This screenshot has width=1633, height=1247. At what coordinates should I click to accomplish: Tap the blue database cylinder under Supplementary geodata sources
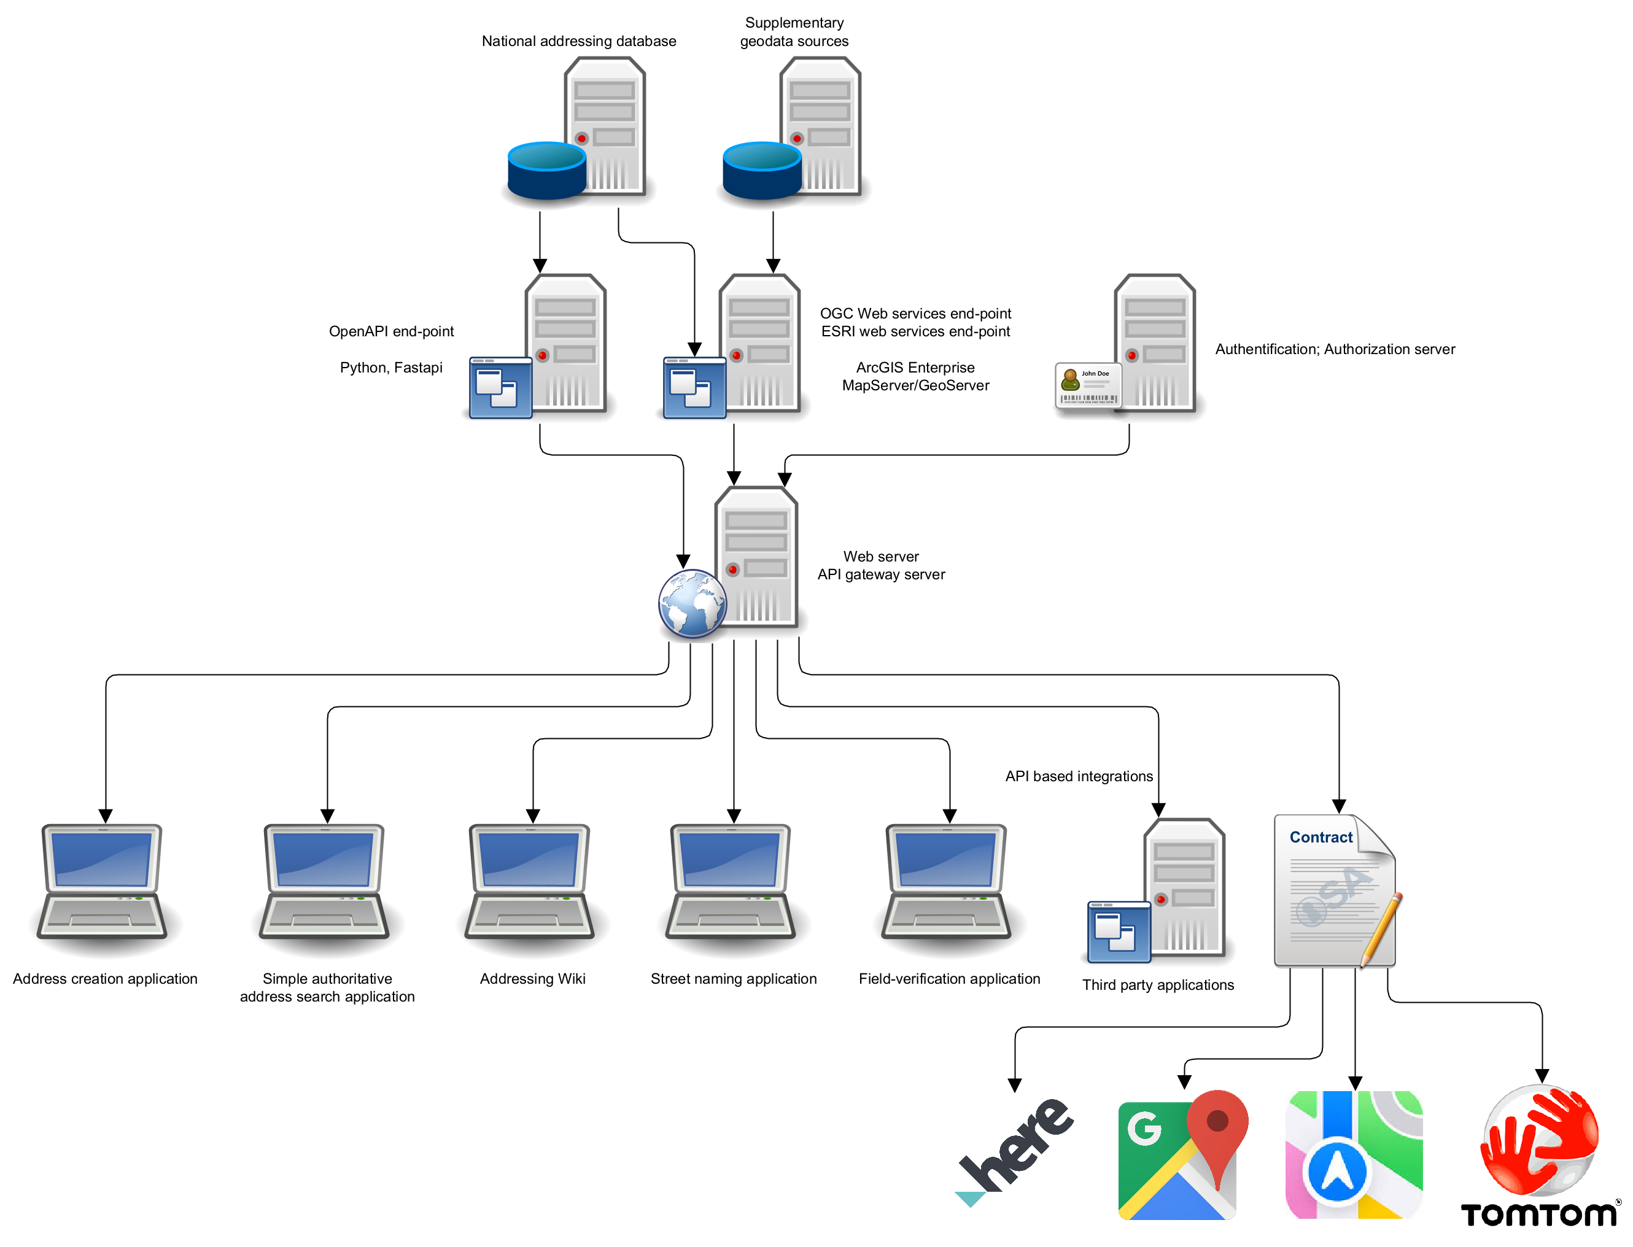pos(761,171)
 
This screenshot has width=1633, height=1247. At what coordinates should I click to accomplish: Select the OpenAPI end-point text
pos(391,331)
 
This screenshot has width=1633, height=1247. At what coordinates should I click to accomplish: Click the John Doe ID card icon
pos(1087,385)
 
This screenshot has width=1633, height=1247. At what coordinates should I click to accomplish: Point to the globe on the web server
pos(692,603)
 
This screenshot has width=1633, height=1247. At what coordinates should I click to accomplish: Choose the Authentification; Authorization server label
pos(1335,349)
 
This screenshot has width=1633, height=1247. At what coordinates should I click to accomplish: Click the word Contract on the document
pos(1321,837)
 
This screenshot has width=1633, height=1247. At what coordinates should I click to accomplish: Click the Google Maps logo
pos(1183,1155)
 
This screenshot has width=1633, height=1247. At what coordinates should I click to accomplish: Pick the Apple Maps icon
pos(1353,1155)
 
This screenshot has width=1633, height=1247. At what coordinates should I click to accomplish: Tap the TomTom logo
pos(1540,1155)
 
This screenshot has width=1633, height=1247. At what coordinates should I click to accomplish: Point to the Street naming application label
pos(733,979)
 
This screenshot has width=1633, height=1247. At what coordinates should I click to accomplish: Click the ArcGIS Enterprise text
pos(915,368)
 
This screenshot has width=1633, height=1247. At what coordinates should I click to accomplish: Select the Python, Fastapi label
pos(390,368)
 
